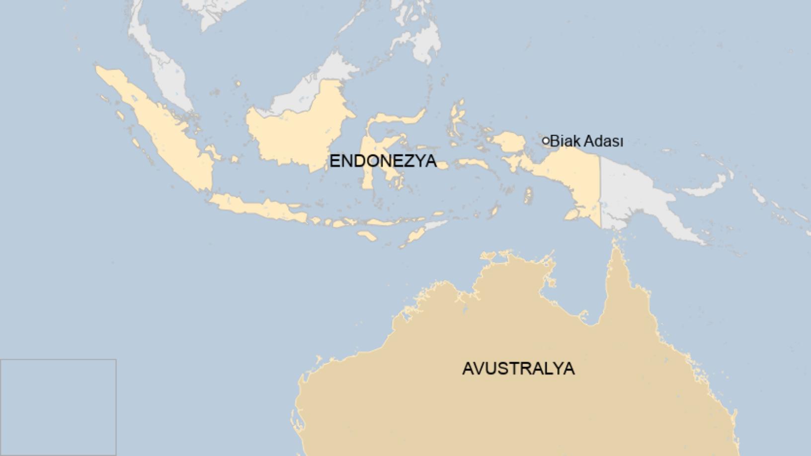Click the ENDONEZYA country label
coord(383,161)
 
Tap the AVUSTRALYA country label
coord(518,369)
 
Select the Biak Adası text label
coord(586,141)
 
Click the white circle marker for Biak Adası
coord(546,141)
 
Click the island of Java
coord(258,208)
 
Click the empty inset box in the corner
coord(58,407)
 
